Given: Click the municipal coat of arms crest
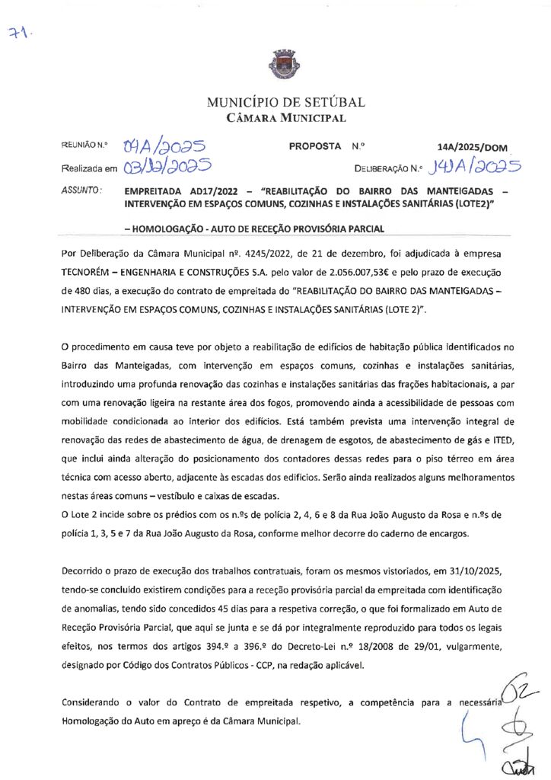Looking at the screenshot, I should click(275, 64).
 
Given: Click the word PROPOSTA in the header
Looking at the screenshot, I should click(315, 146).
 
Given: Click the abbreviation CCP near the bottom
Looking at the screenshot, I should click(263, 666).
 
